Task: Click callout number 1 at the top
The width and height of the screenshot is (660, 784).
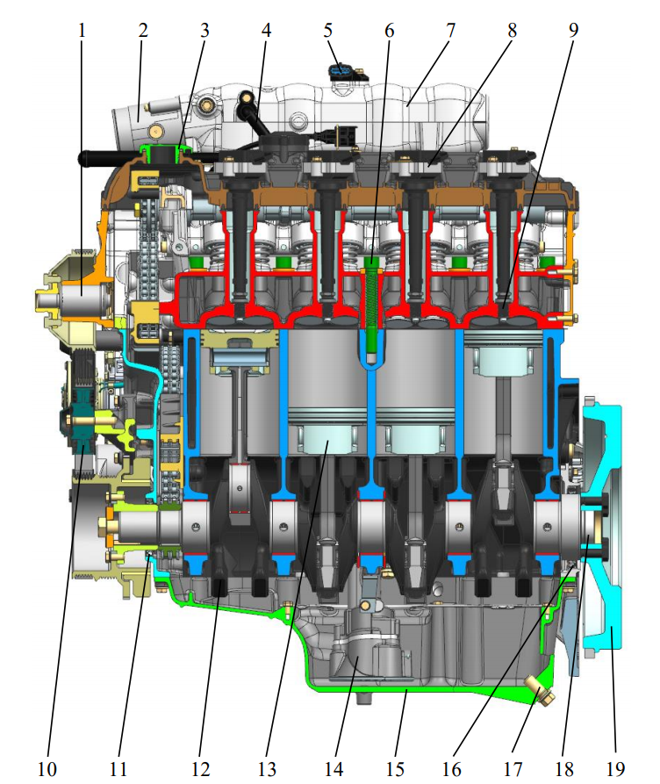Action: coord(82,31)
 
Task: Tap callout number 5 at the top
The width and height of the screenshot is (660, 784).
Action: coord(328,31)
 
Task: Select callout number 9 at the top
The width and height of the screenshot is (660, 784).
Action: coord(573,31)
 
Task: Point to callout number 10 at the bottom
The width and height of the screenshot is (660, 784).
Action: coord(47,768)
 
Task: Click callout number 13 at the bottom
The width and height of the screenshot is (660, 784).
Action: coord(267,768)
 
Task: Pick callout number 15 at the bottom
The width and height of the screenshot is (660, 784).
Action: coord(395,768)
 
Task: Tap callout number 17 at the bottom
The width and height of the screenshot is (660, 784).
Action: coord(513,768)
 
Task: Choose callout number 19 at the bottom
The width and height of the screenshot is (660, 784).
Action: coord(615,768)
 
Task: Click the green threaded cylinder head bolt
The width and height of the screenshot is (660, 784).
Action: coord(371,310)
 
